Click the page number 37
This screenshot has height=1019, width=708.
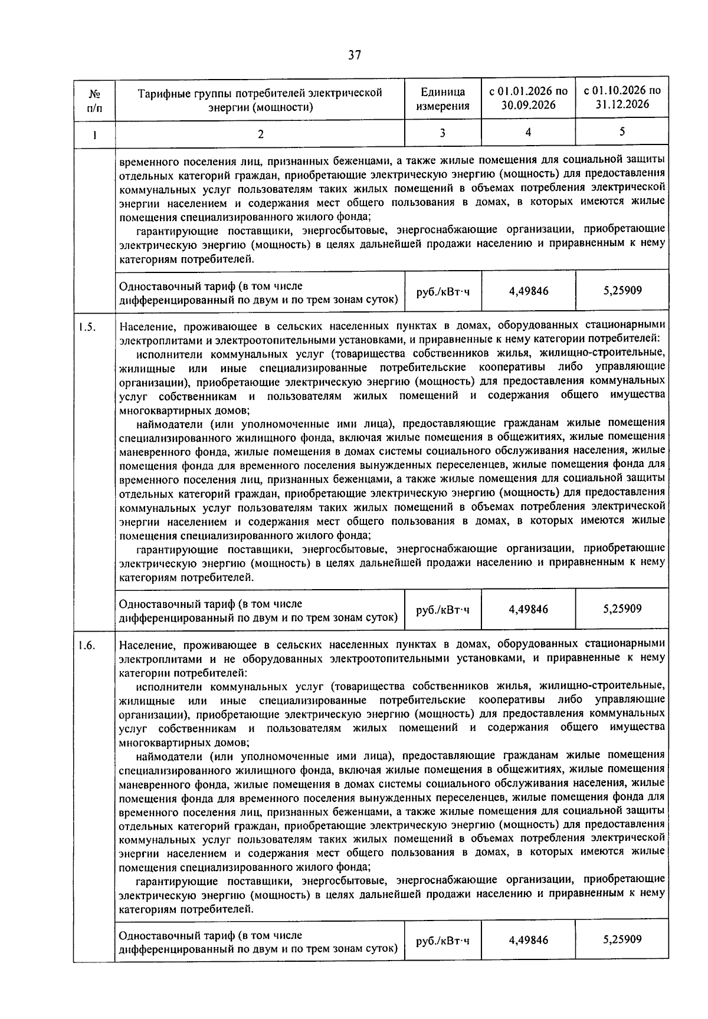click(354, 55)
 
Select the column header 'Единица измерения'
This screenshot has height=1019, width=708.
click(442, 99)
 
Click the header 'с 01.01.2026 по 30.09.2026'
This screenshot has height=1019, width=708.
click(528, 98)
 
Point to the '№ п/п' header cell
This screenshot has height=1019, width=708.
click(94, 99)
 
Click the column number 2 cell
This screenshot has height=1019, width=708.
click(260, 134)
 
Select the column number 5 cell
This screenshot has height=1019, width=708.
click(622, 132)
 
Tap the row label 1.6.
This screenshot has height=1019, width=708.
click(86, 645)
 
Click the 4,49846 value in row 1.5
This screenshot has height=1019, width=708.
click(528, 609)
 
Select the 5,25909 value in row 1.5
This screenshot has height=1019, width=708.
click(622, 609)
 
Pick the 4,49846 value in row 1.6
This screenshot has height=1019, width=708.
click(528, 940)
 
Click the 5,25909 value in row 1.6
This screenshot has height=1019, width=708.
click(622, 939)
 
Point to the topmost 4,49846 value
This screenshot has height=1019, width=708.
click(528, 291)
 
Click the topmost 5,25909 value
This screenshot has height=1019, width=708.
click(622, 290)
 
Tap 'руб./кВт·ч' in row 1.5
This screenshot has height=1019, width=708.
click(442, 610)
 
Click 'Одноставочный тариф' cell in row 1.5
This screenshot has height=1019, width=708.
click(258, 610)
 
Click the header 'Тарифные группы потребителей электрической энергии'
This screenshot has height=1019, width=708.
click(260, 99)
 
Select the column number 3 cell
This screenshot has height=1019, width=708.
click(442, 133)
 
